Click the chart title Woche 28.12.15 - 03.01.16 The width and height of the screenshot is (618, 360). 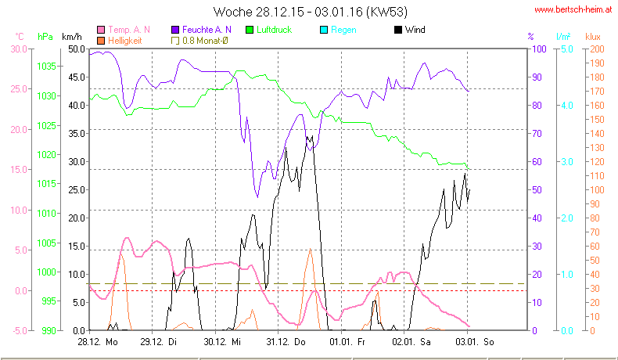[x=310, y=12]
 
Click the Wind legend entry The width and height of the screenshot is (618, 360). [x=409, y=30]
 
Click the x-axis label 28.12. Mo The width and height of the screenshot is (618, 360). [x=98, y=342]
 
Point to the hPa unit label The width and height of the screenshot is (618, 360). [x=45, y=37]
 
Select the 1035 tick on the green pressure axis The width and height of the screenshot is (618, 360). [x=46, y=67]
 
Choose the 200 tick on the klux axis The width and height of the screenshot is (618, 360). [x=595, y=49]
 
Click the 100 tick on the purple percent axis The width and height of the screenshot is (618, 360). [x=537, y=49]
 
